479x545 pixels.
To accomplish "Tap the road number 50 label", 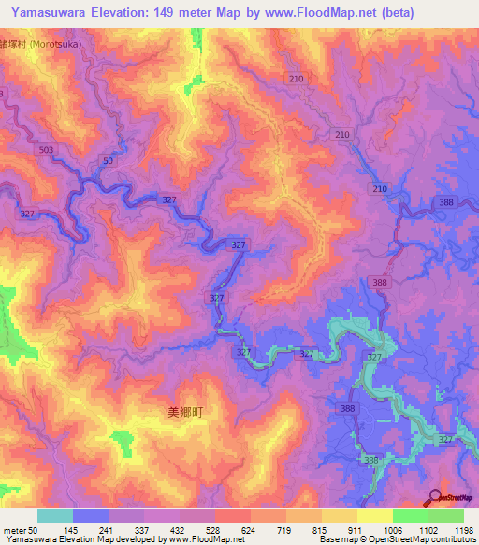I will pos(109,162).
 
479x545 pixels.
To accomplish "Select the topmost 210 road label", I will pos(297,80).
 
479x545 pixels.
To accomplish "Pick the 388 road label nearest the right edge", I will pos(446,202).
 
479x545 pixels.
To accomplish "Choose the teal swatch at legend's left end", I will pos(55,516).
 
